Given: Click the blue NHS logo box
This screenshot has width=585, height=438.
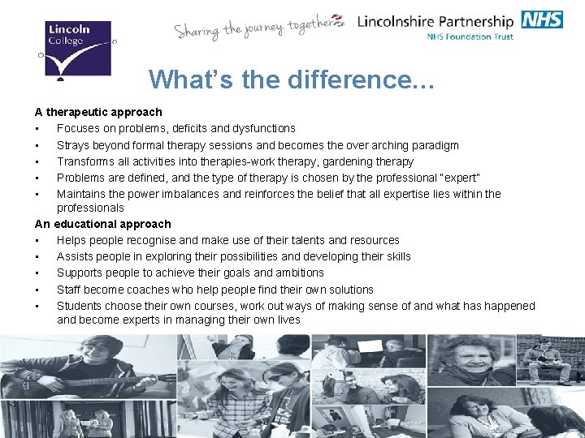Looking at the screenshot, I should [542, 19].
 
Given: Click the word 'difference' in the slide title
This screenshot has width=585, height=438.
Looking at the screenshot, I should [340, 79].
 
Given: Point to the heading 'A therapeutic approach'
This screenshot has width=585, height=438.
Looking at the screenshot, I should [98, 112].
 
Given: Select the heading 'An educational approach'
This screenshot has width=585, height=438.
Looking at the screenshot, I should [103, 224].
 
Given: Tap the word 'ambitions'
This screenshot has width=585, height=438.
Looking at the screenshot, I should [298, 273].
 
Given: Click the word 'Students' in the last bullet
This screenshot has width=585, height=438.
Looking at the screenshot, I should [80, 306].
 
